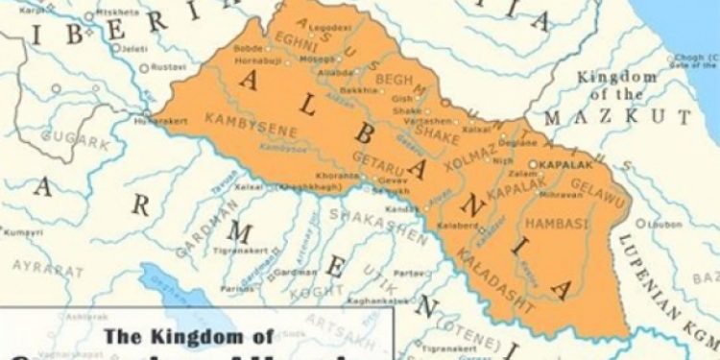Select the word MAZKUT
(617, 117)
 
